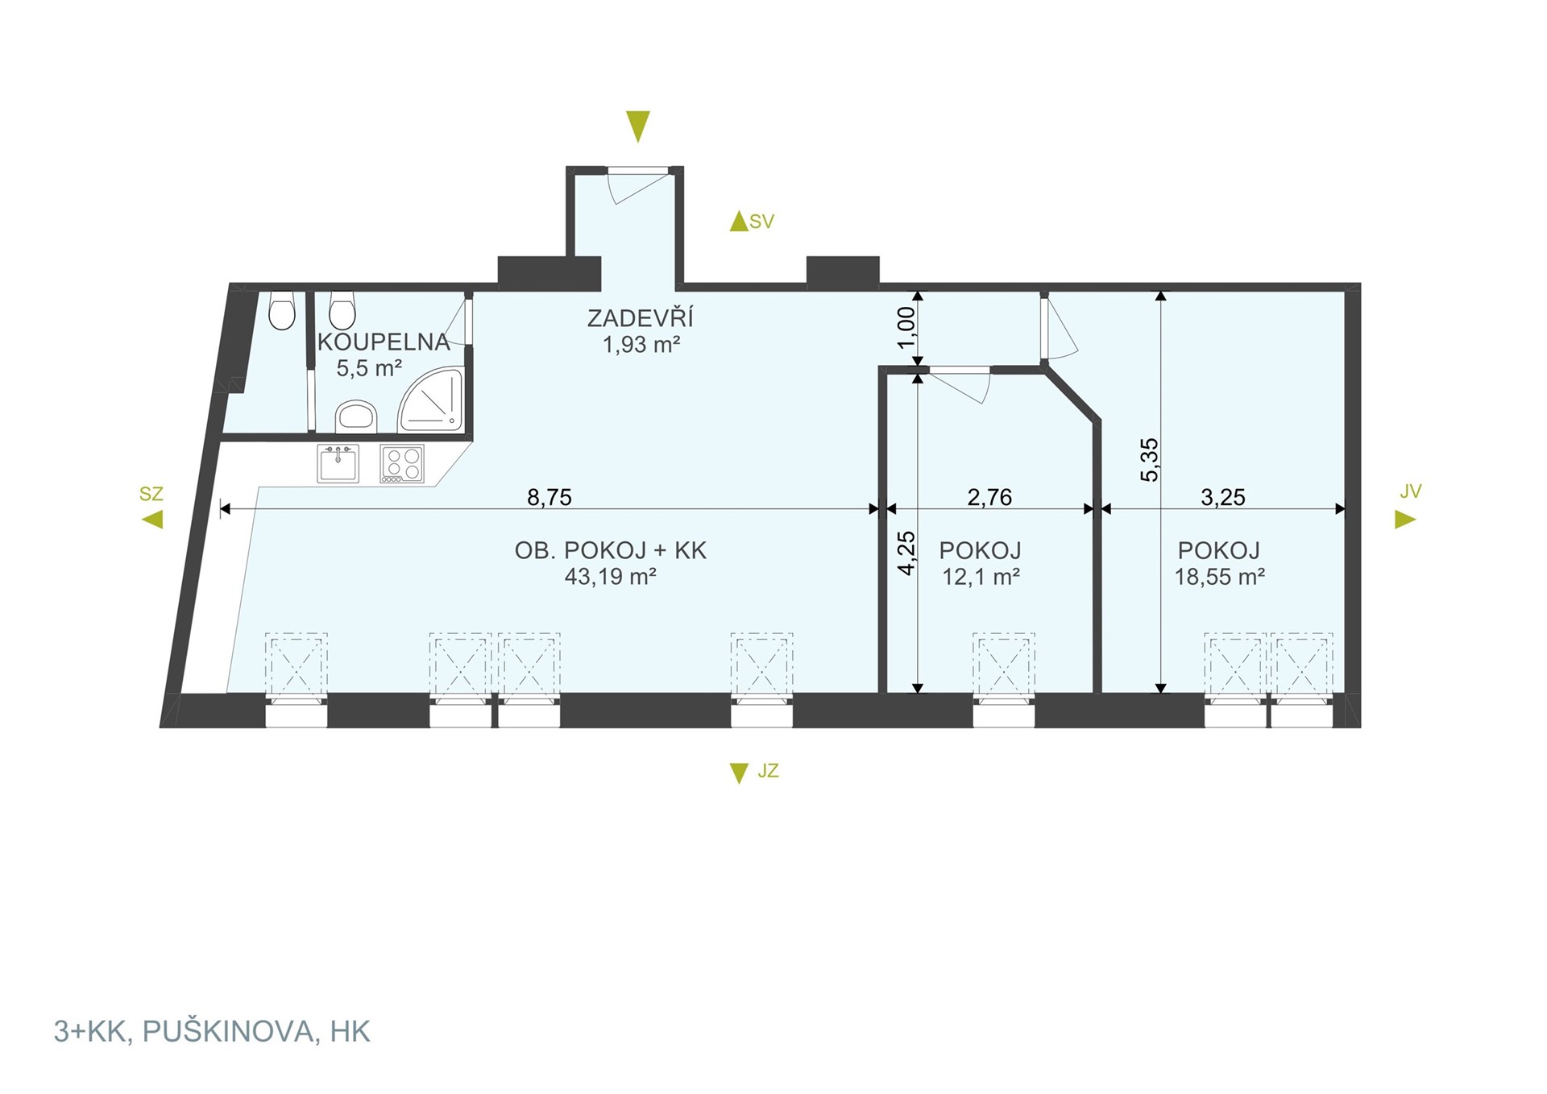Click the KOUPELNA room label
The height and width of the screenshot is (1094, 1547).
click(384, 342)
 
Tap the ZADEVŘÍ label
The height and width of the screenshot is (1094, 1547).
click(640, 318)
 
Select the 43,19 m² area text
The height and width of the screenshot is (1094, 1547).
click(611, 576)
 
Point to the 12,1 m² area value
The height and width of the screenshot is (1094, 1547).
click(981, 576)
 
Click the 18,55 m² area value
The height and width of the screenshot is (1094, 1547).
click(1219, 576)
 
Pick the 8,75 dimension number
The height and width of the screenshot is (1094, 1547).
click(550, 497)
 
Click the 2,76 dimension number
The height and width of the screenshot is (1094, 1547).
click(989, 497)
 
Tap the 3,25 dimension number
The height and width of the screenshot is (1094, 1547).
click(1223, 497)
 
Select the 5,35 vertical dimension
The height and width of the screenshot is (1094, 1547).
click(1149, 460)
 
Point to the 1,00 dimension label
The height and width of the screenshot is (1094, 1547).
click(906, 328)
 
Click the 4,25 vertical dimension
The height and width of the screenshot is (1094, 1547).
click(906, 553)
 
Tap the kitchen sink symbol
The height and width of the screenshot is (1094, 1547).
click(338, 464)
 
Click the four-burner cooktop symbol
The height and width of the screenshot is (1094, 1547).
click(402, 464)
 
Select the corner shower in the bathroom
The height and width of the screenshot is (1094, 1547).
click(431, 400)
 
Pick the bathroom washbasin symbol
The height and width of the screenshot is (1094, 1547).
click(356, 416)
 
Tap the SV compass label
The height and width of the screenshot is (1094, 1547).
click(761, 222)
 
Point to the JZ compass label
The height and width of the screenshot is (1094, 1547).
click(768, 771)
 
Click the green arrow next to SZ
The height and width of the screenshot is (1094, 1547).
click(152, 520)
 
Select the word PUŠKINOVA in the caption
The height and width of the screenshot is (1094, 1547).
click(229, 1032)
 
